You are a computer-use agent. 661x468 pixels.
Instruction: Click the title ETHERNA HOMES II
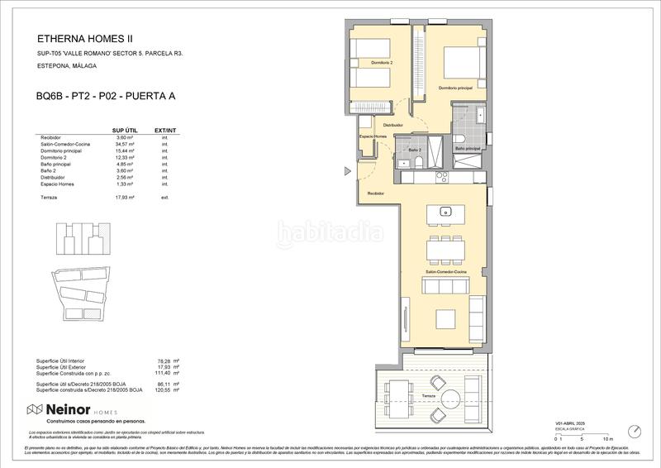pyautogui.click(x=84, y=38)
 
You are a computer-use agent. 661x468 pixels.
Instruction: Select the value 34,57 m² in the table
pyautogui.click(x=122, y=145)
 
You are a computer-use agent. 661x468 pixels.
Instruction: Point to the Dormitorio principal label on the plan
pyautogui.click(x=456, y=88)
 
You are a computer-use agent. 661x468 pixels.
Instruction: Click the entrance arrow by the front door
pyautogui.click(x=348, y=172)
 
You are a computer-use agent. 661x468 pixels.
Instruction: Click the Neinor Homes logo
pyautogui.click(x=63, y=409)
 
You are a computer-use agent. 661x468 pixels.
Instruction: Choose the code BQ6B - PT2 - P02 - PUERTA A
pyautogui.click(x=105, y=96)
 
